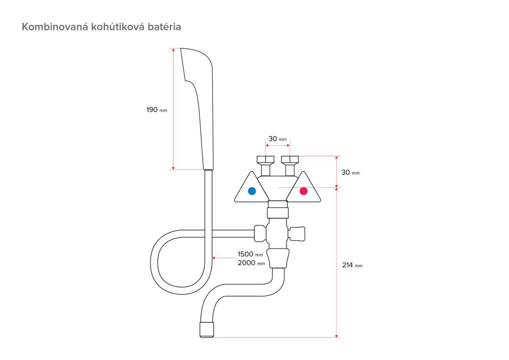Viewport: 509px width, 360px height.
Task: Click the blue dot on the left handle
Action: point(251,191)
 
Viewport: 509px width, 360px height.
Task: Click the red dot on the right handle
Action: point(303,191)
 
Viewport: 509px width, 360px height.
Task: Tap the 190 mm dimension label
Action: point(157,109)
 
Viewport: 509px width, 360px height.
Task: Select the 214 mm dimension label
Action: point(352,265)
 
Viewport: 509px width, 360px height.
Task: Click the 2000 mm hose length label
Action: point(251,263)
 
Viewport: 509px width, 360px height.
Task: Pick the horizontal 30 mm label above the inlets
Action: point(277,139)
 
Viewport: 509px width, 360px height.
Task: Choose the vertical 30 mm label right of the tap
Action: point(350,173)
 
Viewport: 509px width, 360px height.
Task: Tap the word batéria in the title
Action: point(164,26)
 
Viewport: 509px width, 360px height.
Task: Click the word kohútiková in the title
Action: point(118,26)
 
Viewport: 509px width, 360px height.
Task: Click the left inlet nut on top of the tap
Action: point(266,159)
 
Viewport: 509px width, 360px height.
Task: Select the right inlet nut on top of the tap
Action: point(290,159)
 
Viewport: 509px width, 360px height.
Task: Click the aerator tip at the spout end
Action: point(207,329)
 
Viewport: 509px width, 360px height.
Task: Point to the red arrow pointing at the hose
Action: point(223,258)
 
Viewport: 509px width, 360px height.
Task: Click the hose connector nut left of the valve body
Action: point(260,233)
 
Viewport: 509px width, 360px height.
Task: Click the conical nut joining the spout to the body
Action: point(277,258)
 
